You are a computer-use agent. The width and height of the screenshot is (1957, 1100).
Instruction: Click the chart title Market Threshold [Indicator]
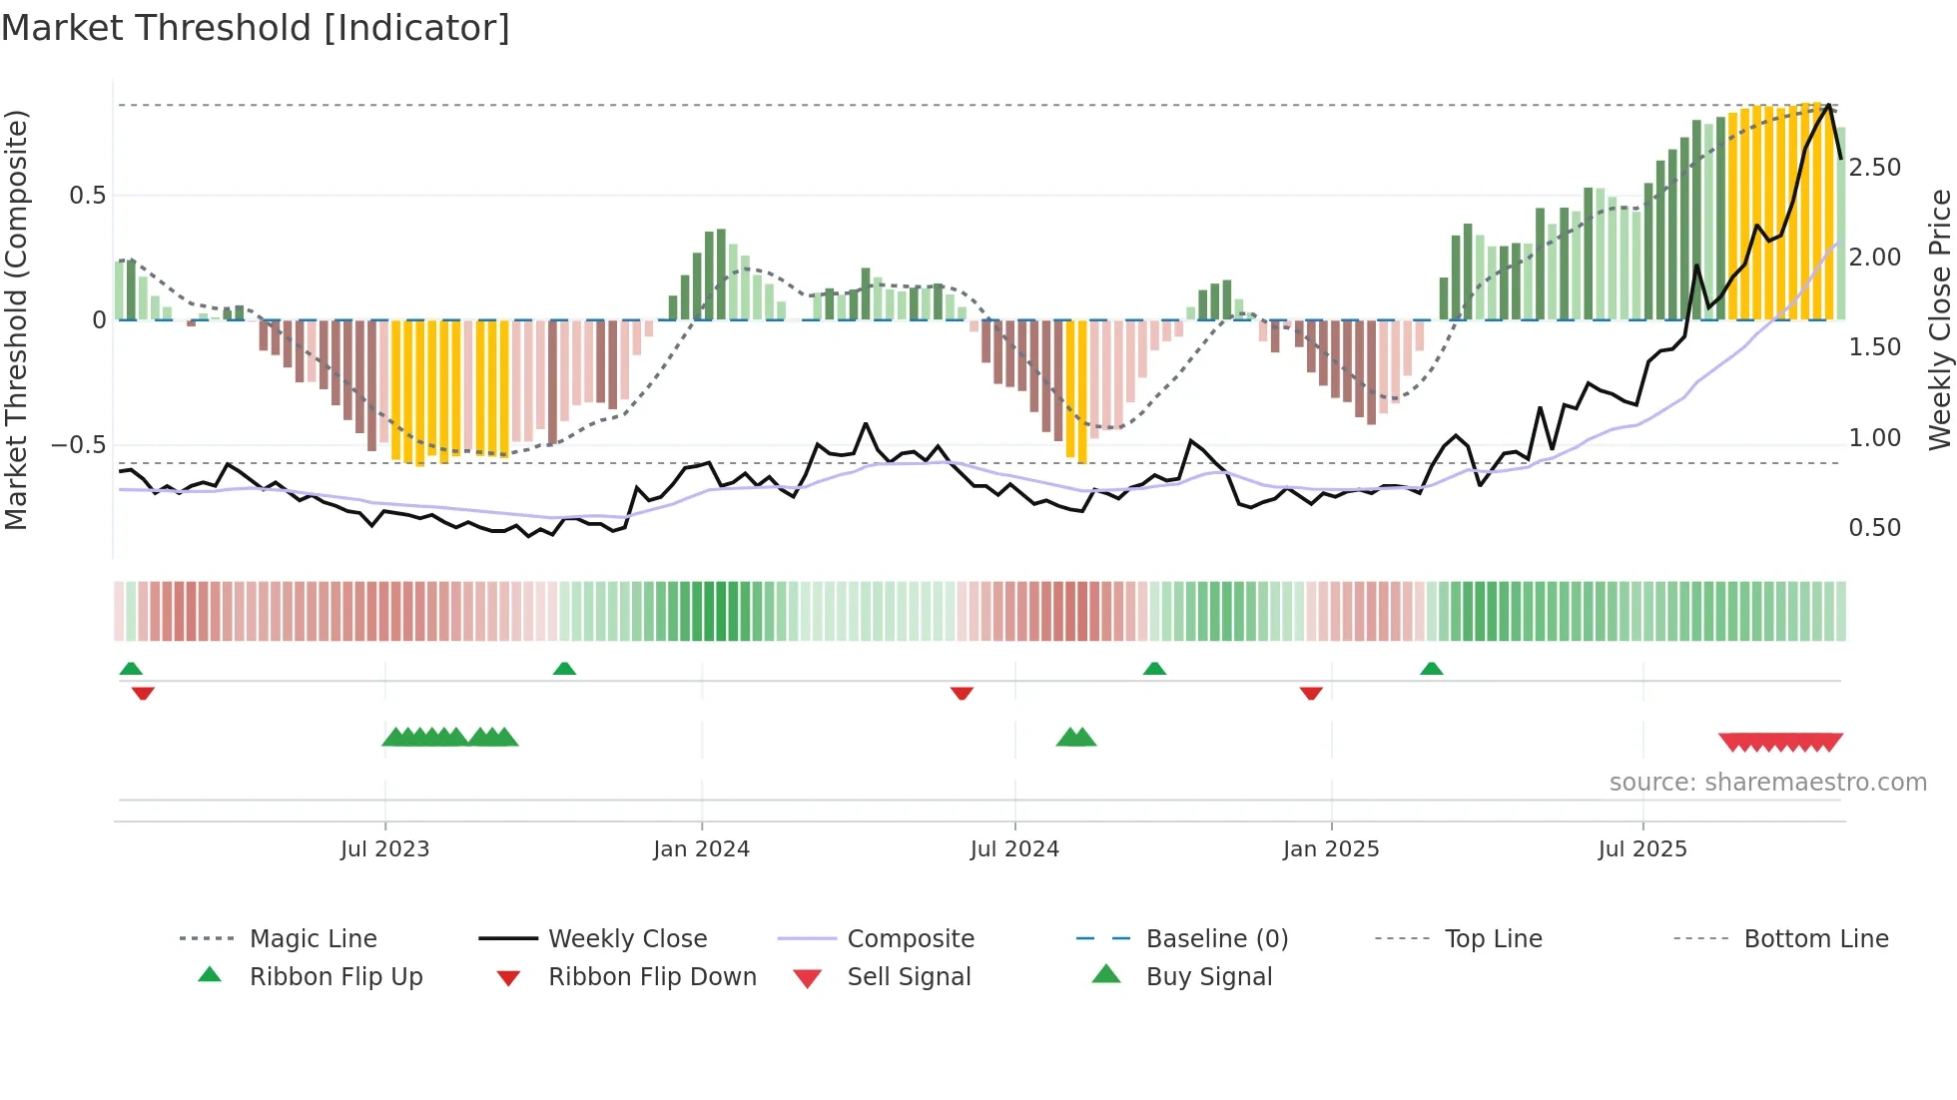coord(256,28)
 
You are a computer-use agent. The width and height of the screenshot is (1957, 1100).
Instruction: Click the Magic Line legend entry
coord(313,938)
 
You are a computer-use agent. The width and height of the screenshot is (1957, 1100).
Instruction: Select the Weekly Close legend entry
coord(627,938)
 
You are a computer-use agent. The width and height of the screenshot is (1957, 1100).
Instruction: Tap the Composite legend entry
coord(910,938)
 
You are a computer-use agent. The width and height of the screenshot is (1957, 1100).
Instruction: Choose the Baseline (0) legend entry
coord(1216,938)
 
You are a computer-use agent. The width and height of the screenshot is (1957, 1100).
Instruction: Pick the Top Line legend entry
coord(1493,938)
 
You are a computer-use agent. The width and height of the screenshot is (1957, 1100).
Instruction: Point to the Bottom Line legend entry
coord(1815,938)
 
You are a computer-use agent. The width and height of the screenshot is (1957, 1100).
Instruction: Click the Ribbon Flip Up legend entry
coord(335,976)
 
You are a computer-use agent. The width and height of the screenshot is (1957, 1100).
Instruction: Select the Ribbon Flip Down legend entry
coord(651,976)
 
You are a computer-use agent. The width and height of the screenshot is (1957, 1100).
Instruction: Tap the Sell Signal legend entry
coord(908,976)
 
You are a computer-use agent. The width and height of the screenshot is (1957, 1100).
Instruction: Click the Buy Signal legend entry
coord(1208,976)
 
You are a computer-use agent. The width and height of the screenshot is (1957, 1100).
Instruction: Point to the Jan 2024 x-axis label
coord(701,848)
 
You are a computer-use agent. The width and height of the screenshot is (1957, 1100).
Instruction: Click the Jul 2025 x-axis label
coord(1641,848)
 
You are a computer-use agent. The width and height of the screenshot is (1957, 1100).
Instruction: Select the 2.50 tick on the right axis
coord(1874,167)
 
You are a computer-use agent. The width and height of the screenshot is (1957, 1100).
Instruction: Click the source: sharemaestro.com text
coord(1767,782)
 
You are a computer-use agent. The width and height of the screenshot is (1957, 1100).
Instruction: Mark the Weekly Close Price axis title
coord(1939,319)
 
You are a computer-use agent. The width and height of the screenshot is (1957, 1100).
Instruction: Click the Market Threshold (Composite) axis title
coord(17,319)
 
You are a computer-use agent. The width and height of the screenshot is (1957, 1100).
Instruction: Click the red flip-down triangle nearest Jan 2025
coord(1311,693)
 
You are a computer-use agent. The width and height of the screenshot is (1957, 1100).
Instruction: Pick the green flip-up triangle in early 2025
coord(1431,668)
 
